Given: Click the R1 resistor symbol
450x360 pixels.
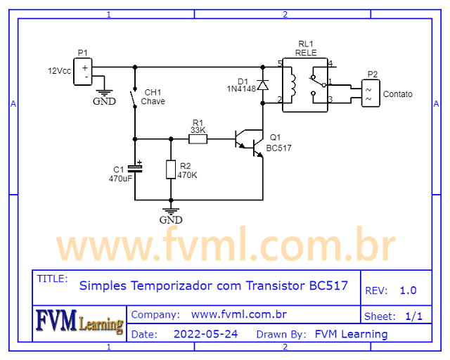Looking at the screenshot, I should click(198, 139).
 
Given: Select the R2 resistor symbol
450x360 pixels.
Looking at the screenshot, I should click(170, 169).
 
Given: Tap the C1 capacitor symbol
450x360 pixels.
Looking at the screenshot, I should click(135, 169).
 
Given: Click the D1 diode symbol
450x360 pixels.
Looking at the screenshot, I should click(262, 85).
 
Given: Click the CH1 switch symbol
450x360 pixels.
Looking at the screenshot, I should click(134, 99).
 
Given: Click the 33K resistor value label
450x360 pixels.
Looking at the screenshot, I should click(198, 130).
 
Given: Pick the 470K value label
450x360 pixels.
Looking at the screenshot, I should click(187, 174).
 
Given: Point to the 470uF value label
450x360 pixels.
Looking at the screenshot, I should click(120, 179).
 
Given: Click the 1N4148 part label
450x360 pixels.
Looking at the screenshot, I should click(240, 89).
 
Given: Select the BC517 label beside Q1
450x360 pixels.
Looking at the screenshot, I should click(278, 148).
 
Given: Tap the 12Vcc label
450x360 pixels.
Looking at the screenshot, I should click(59, 72).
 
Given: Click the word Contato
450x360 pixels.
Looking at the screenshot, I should click(398, 94).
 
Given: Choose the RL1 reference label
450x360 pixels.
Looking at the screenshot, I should click(306, 43).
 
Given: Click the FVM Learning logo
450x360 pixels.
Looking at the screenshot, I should click(79, 322).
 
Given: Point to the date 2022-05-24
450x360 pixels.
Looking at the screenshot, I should click(205, 334).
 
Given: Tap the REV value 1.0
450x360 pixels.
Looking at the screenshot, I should click(408, 290).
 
